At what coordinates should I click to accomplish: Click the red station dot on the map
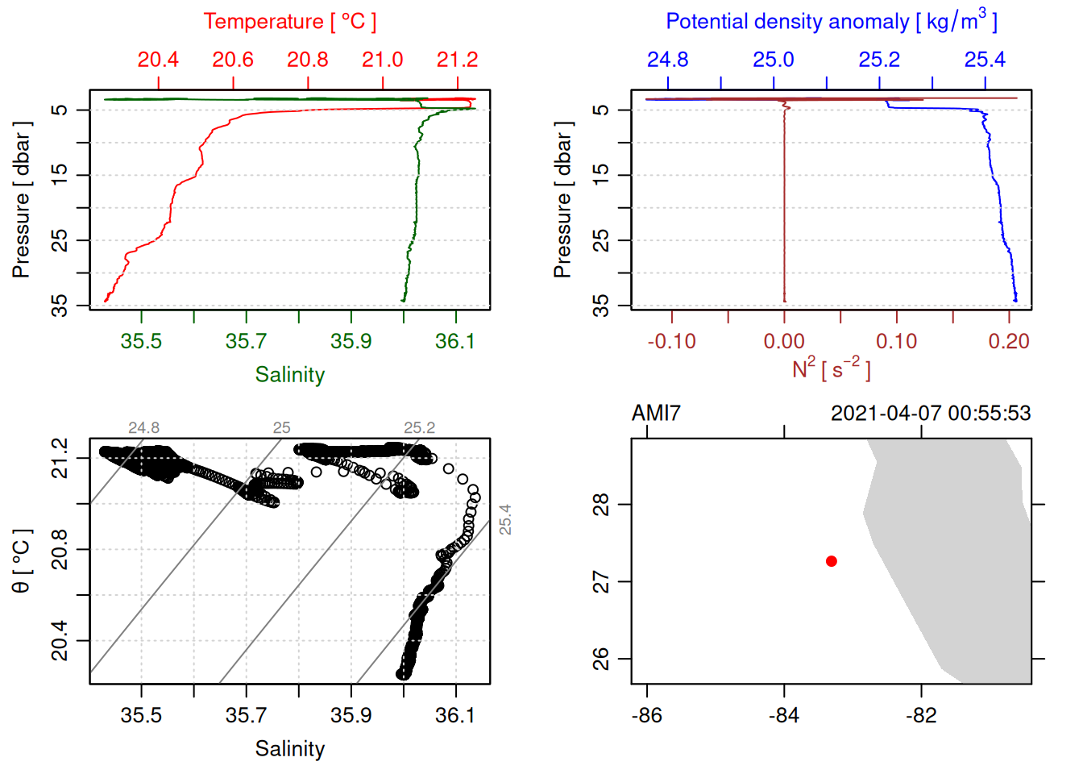click(831, 561)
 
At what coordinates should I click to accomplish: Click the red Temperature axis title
click(289, 22)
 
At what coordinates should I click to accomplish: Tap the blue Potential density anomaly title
click(831, 21)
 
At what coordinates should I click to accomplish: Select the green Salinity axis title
click(289, 375)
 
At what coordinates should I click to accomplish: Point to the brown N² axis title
click(831, 368)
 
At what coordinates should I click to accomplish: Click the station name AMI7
click(656, 414)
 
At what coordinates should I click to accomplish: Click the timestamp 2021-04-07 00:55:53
click(930, 414)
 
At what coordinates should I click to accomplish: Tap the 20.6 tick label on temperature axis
click(233, 60)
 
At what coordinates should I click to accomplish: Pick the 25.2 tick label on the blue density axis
click(879, 60)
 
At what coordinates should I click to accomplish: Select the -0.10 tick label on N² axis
click(671, 342)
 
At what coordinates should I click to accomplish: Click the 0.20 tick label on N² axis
click(1009, 342)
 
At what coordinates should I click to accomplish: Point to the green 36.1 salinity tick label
click(455, 342)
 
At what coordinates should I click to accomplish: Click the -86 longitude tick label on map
click(647, 716)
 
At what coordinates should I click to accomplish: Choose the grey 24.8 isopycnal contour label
click(143, 428)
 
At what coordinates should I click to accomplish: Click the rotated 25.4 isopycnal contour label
click(505, 519)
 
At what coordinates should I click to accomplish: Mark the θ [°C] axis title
click(22, 561)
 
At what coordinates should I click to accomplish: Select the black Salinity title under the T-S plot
click(289, 749)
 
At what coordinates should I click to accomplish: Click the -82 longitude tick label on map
click(921, 716)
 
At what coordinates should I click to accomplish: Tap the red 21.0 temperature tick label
click(383, 60)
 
